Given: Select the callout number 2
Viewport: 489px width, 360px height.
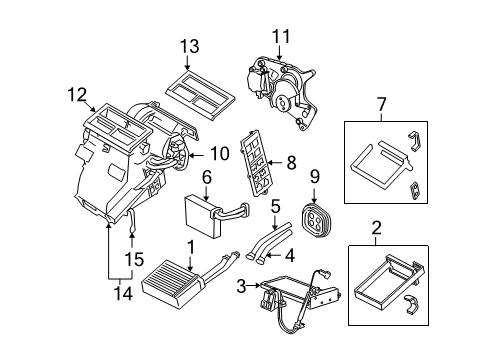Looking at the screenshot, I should [377, 228].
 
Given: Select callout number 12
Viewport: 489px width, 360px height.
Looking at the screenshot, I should [71, 96].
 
